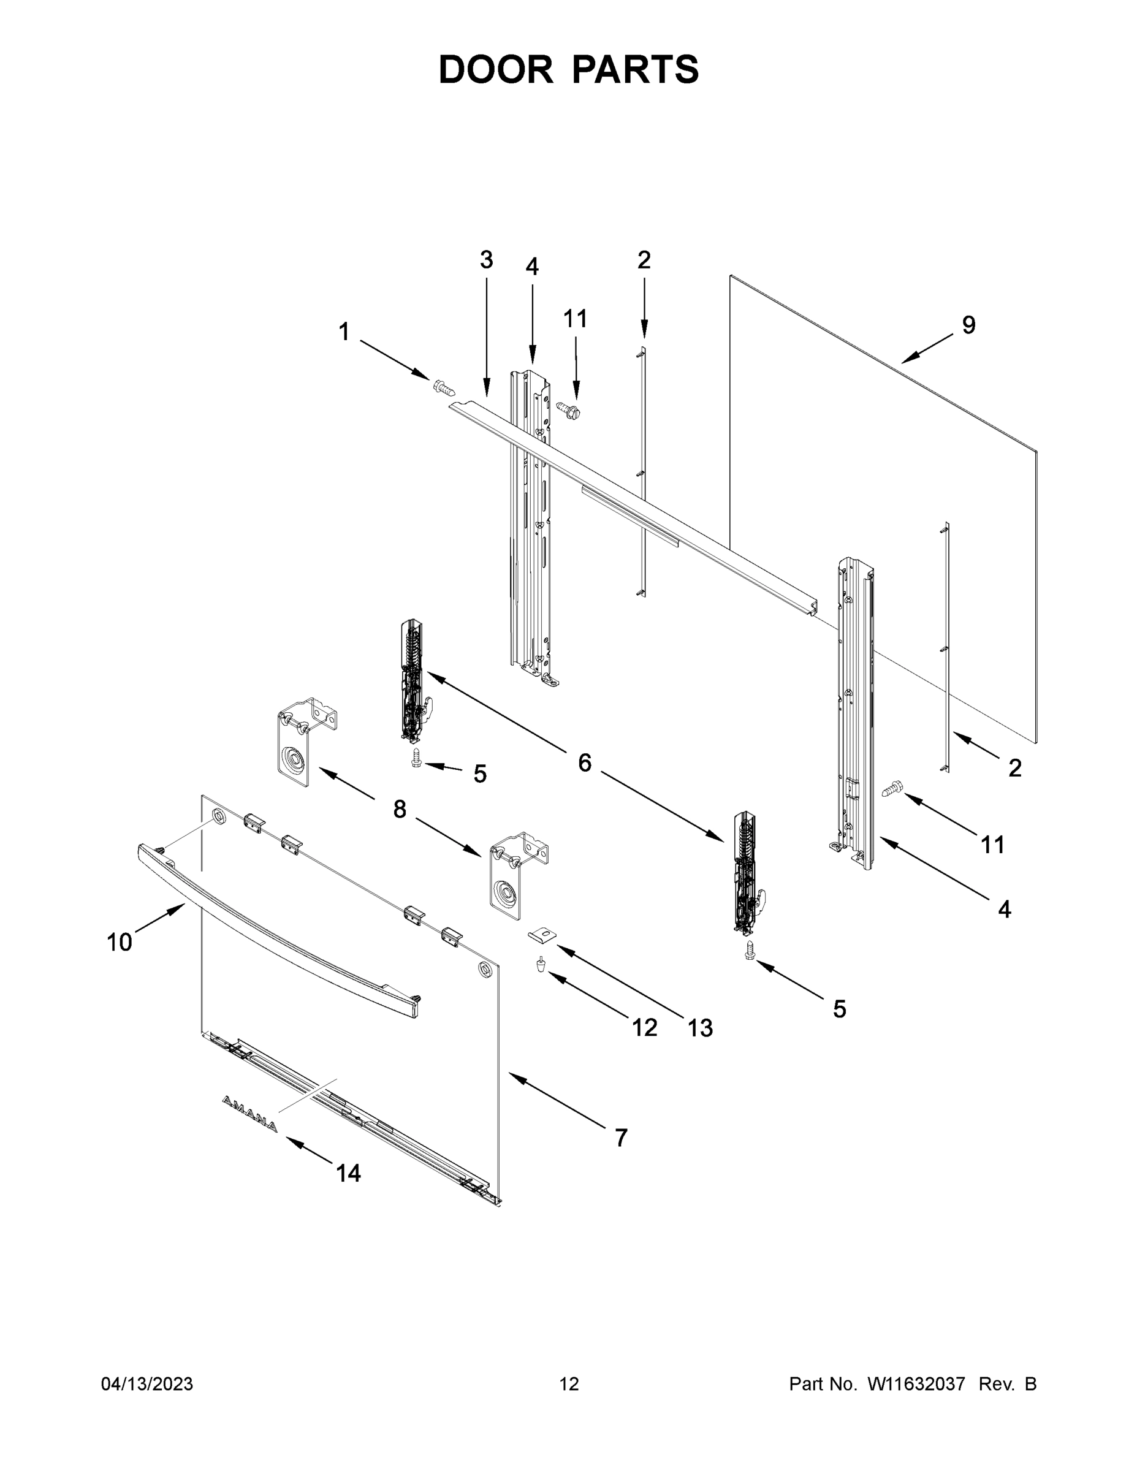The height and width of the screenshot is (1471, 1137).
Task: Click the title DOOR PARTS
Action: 569,69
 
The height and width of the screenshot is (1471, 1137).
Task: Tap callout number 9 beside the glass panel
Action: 968,325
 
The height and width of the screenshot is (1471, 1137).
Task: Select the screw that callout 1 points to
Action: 444,387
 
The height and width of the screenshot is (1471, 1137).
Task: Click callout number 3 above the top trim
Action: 486,259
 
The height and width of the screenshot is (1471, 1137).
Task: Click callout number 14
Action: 348,1173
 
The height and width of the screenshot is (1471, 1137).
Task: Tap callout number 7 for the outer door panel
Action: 621,1138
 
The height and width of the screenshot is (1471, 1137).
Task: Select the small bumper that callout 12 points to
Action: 539,966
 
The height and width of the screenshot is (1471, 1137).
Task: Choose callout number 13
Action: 700,1028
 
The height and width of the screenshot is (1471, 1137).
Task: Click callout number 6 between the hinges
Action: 584,763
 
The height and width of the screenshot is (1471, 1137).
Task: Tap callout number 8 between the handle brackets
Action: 400,809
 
